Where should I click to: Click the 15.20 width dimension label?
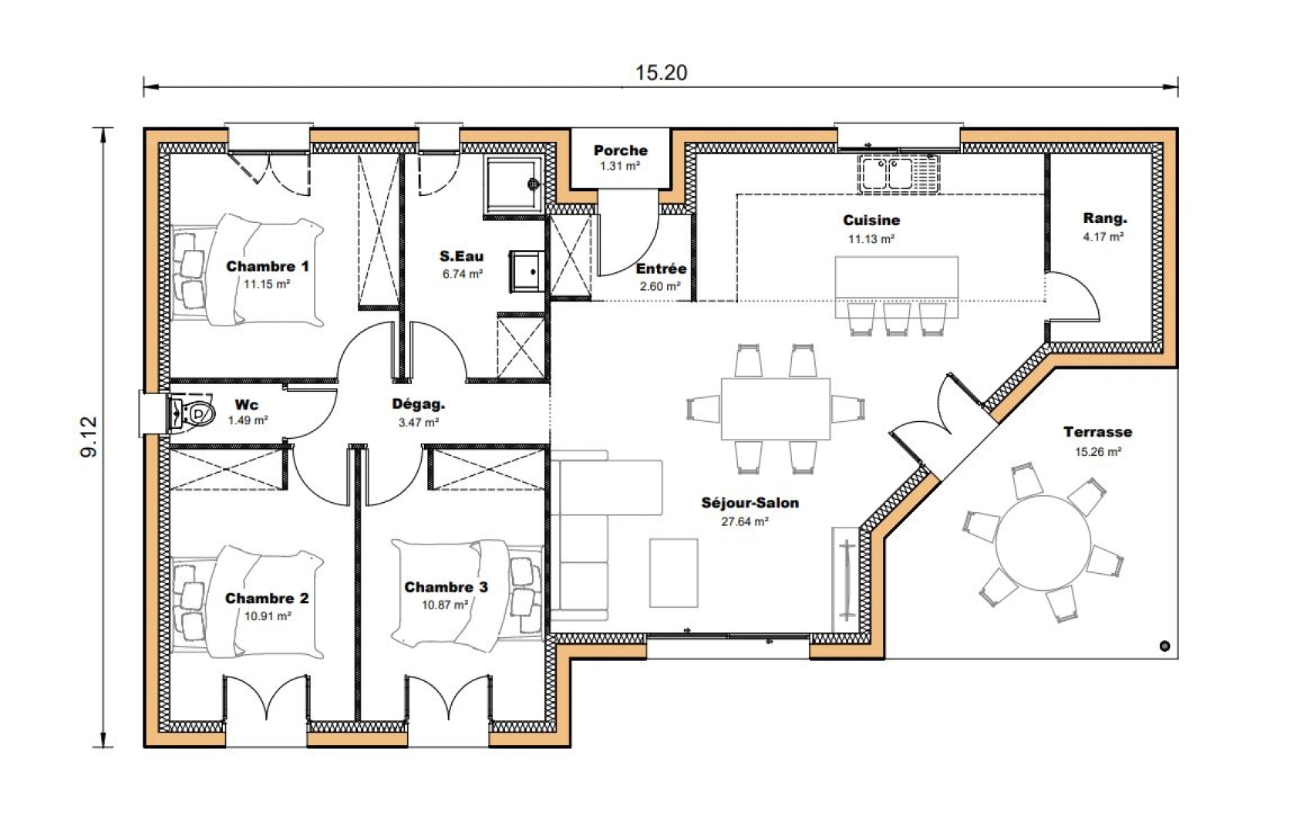pos(661,73)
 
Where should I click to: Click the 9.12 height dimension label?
pos(89,437)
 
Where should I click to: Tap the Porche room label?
pos(620,150)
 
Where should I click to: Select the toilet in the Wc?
pos(193,414)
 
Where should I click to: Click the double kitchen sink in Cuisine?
pos(897,172)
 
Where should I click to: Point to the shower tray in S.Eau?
pos(513,184)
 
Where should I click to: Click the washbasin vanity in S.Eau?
pos(527,271)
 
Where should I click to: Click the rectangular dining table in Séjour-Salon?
pos(775,409)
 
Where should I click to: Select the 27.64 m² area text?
pos(744,522)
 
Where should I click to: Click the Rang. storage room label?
pos(1104,218)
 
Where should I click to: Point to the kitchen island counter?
pos(896,278)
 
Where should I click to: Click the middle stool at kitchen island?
pos(897,318)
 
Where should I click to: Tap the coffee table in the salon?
pos(673,573)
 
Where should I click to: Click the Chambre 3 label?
pos(446,587)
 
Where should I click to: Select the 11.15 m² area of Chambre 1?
pos(267,284)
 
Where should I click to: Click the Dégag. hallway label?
pos(418,403)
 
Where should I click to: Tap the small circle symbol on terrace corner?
pos(1164,646)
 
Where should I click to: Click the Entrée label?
pos(661,268)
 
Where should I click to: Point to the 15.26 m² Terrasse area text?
pos(1097,452)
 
